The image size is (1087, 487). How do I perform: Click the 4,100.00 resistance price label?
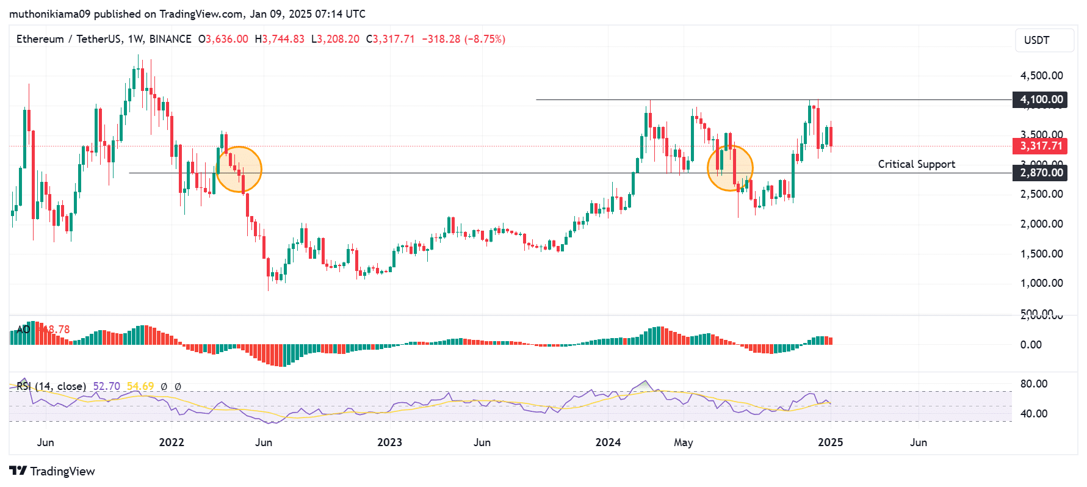(x=1040, y=99)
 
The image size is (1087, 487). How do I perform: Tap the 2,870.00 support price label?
(x=1040, y=173)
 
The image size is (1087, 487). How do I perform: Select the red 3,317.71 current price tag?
(x=1040, y=146)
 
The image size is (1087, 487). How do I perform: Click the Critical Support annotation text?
(x=916, y=164)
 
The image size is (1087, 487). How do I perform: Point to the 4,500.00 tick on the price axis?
(x=1041, y=76)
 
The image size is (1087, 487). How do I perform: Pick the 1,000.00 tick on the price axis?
(x=1041, y=283)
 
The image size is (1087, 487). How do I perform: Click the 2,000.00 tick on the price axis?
(x=1041, y=224)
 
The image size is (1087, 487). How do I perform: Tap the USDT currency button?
(x=1044, y=40)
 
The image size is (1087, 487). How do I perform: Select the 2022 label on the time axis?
(x=172, y=442)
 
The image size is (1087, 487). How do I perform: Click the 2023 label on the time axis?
(x=389, y=442)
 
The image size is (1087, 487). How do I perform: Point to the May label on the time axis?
(x=683, y=442)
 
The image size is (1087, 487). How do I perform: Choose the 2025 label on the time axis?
(x=830, y=442)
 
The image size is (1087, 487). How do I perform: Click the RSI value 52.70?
(x=106, y=386)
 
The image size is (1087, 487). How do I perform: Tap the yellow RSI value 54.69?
(x=140, y=386)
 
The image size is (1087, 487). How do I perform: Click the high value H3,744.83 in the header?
(x=280, y=39)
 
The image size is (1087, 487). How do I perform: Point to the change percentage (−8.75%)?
(x=485, y=39)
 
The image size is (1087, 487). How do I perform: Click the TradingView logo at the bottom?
(x=52, y=471)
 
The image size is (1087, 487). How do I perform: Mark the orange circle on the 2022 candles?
(x=239, y=170)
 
